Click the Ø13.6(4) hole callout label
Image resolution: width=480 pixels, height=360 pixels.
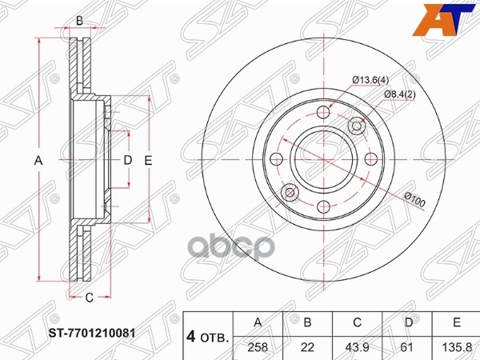pyautogui.click(x=370, y=81)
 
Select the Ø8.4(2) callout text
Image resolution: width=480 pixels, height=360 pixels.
pyautogui.click(x=400, y=94)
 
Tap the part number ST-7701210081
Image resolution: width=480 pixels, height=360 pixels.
pyautogui.click(x=92, y=333)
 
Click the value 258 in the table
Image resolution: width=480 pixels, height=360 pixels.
pyautogui.click(x=258, y=347)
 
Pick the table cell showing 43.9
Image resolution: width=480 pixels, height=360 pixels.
pyautogui.click(x=357, y=347)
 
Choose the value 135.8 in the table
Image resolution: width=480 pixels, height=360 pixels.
pyautogui.click(x=457, y=347)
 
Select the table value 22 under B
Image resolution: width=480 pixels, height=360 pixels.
pyautogui.click(x=308, y=347)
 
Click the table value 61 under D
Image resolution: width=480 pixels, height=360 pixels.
pyautogui.click(x=407, y=347)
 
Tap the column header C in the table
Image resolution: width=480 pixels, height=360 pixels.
pyautogui.click(x=357, y=322)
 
